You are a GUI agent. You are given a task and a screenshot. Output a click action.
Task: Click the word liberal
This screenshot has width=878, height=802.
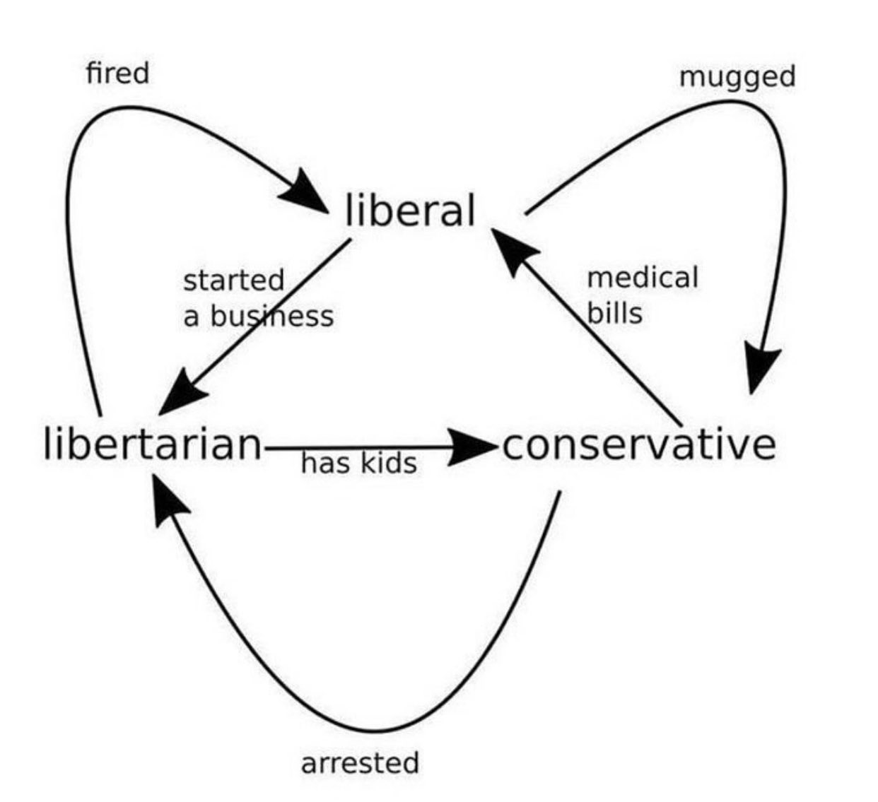tap(411, 211)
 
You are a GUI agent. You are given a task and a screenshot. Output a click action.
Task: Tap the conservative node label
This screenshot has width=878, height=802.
tap(639, 444)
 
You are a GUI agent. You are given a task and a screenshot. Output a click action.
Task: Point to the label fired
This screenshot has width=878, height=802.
tap(117, 73)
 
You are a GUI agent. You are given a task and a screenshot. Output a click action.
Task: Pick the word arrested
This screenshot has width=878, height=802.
tap(360, 763)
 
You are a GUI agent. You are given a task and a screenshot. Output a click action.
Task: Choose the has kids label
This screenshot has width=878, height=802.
tap(358, 464)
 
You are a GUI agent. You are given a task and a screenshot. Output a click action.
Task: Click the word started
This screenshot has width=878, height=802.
tap(233, 280)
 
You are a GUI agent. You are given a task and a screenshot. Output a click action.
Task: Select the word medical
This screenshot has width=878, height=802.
tap(642, 277)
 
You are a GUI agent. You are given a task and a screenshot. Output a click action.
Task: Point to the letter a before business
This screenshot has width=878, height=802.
tap(190, 317)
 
